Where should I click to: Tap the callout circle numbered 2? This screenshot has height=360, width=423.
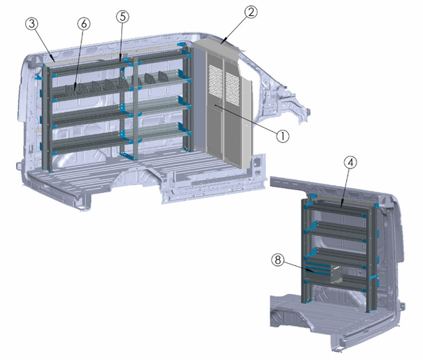pos(250,12)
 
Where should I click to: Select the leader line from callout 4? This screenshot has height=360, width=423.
pos(346,186)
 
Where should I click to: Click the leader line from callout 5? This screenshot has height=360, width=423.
pos(121,39)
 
